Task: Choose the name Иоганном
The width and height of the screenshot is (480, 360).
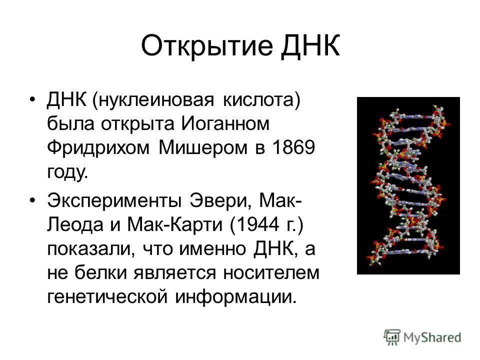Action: pyautogui.click(x=219, y=123)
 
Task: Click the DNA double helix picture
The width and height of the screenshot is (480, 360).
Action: pyautogui.click(x=408, y=185)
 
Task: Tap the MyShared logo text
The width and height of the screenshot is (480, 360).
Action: pyautogui.click(x=432, y=336)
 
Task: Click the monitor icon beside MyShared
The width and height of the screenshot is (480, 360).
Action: pyautogui.click(x=392, y=336)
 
